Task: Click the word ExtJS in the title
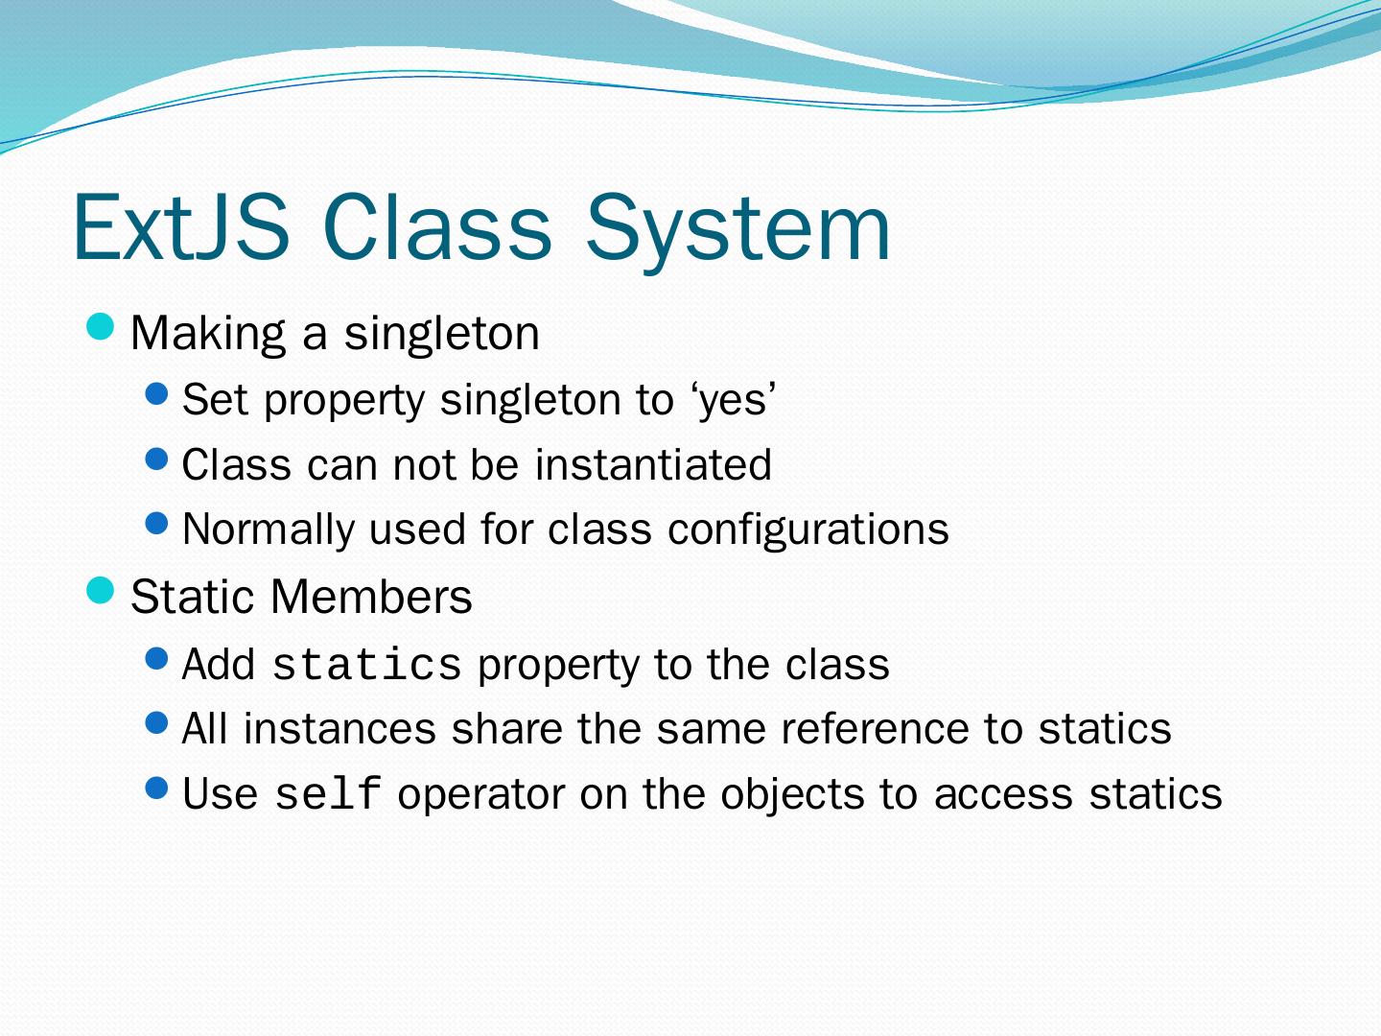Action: click(x=181, y=226)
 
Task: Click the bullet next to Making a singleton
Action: click(x=100, y=327)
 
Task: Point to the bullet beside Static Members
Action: click(x=100, y=590)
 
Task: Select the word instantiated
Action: click(x=653, y=465)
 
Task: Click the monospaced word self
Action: click(x=328, y=793)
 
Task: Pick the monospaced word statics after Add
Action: click(x=366, y=665)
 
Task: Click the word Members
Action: click(x=371, y=597)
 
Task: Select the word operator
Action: click(x=480, y=795)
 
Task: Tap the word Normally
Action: click(x=269, y=530)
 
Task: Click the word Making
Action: click(x=208, y=334)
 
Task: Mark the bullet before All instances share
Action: click(x=156, y=722)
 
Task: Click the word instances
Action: click(x=339, y=729)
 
